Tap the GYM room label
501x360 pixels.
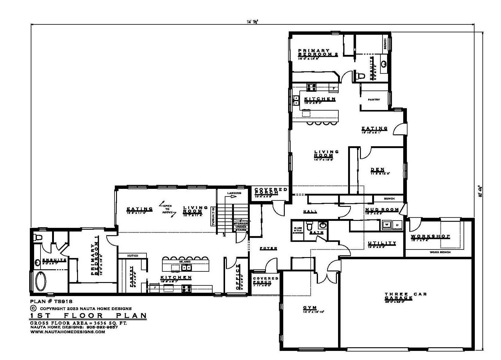click(310, 308)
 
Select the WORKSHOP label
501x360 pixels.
click(430, 236)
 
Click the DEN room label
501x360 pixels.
click(377, 170)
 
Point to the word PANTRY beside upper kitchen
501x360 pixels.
click(374, 100)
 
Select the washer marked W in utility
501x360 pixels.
click(387, 225)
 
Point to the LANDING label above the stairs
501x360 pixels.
click(234, 193)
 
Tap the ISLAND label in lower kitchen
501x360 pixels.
click(185, 262)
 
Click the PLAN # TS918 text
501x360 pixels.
click(51, 301)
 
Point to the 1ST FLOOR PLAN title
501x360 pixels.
click(88, 316)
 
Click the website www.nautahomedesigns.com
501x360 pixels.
click(67, 332)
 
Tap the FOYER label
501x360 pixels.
click(268, 248)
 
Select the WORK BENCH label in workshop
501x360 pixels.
click(440, 252)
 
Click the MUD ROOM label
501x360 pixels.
click(382, 210)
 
